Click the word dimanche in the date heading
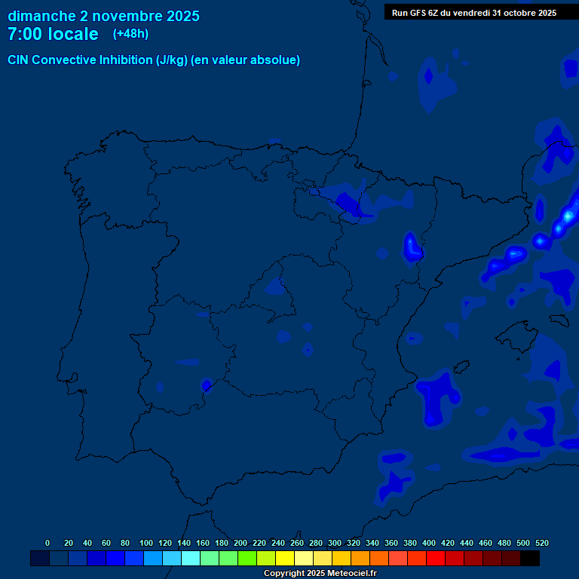point(41,16)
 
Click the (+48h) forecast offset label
point(130,34)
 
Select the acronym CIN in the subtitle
point(19,60)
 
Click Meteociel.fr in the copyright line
point(351,574)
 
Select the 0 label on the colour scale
point(47,543)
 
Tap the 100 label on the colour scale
point(146,543)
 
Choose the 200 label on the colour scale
point(240,543)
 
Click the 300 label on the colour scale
point(335,543)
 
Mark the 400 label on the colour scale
point(429,543)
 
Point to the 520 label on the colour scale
point(541,543)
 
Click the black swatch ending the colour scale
point(530,559)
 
